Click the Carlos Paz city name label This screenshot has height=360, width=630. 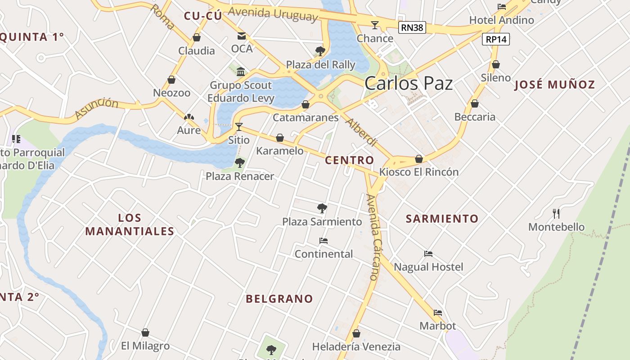pos(409,83)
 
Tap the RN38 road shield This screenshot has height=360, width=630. pos(412,28)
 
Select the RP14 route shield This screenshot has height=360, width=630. pos(497,39)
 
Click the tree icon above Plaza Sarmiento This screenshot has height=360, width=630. pos(322,208)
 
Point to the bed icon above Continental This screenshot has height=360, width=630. pos(323,241)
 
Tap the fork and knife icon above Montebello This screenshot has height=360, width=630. pos(556,213)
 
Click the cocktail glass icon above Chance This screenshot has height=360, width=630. pos(375,25)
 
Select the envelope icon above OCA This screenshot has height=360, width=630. pos(242,36)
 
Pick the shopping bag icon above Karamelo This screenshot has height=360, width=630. pos(280,138)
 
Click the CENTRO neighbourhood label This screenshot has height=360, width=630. pos(349,160)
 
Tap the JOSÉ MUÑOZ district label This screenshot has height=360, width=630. pos(554,84)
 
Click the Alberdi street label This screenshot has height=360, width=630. pos(360,132)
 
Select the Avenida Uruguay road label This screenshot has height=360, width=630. pos(273,13)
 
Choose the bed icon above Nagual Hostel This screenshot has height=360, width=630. pos(428,254)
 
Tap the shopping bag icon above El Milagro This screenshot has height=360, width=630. pos(145,333)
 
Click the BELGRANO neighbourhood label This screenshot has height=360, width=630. pos(279,299)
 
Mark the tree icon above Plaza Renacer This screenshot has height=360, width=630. pos(240,162)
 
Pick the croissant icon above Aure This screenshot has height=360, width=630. pos(189,117)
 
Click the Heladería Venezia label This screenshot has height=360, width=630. pos(356,346)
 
